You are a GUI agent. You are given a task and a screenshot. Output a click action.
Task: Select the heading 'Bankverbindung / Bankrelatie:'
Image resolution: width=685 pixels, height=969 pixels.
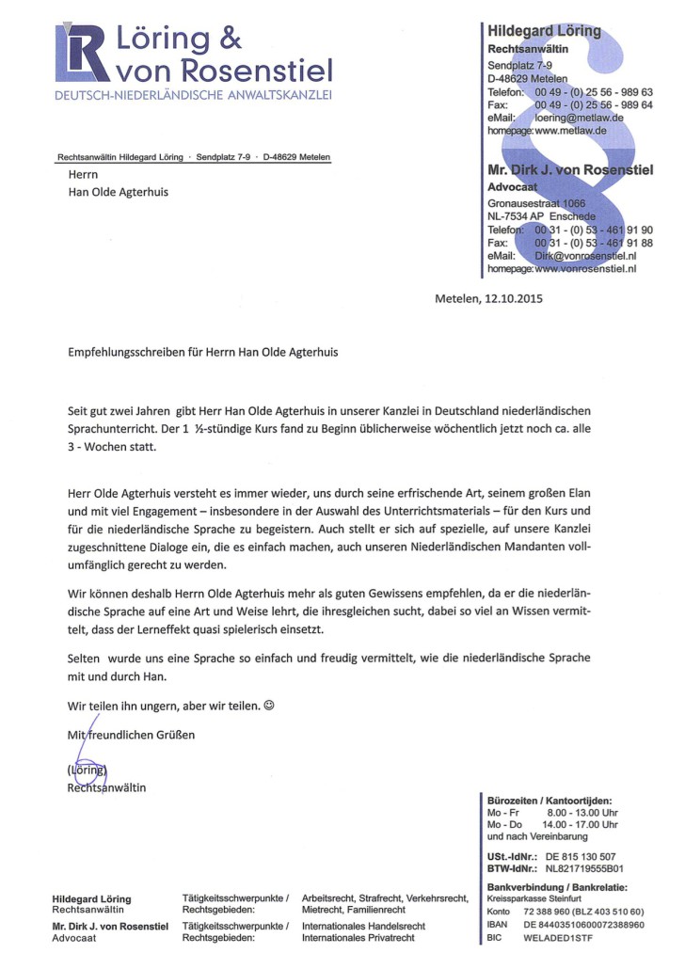pyautogui.click(x=556, y=887)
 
